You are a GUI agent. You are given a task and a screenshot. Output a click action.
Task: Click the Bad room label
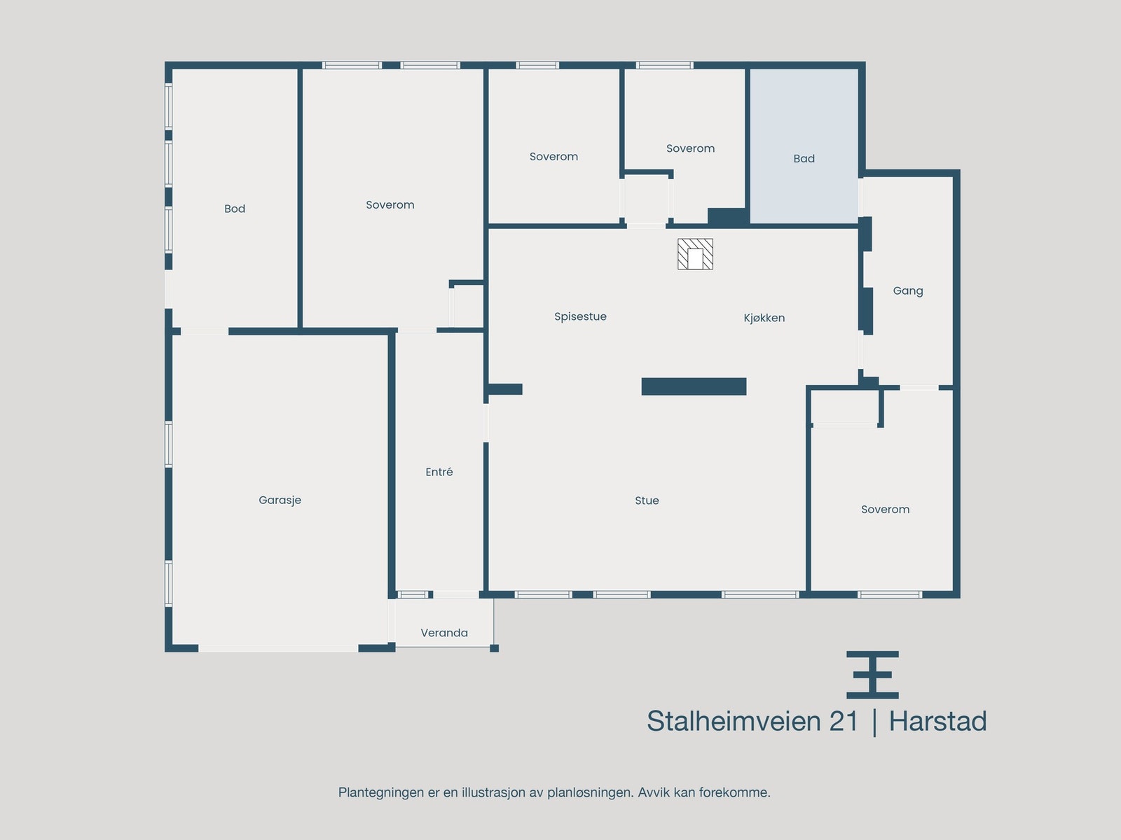[x=804, y=159]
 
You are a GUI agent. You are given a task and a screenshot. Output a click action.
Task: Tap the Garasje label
[x=280, y=500]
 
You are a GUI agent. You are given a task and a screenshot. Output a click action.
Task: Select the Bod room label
[x=235, y=209]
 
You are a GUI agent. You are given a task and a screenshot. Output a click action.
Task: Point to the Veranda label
[x=444, y=633]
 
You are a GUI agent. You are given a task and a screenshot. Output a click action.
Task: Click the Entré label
[x=439, y=472]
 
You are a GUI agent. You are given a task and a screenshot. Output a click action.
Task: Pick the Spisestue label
[x=580, y=316]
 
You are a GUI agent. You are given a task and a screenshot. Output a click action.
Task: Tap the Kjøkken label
[x=764, y=318]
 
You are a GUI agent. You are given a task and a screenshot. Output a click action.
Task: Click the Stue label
[x=647, y=500]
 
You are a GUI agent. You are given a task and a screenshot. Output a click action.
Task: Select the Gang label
[x=908, y=290]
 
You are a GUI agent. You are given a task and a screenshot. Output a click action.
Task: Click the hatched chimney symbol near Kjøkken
[x=695, y=254]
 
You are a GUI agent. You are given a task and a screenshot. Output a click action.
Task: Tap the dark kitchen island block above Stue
[x=694, y=386]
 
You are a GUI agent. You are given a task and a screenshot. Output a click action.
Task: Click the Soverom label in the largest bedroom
[x=390, y=205]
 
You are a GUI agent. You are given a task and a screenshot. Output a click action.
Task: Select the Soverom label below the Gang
[x=885, y=510]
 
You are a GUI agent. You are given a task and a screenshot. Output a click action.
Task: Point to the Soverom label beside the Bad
[x=690, y=148]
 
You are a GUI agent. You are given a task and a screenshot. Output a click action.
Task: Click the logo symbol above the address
[x=872, y=675]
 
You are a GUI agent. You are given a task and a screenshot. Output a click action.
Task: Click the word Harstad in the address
[x=937, y=722]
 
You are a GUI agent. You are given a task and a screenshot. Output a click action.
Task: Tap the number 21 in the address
[x=844, y=722]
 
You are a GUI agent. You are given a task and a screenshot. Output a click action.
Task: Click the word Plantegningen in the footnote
[x=380, y=793]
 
